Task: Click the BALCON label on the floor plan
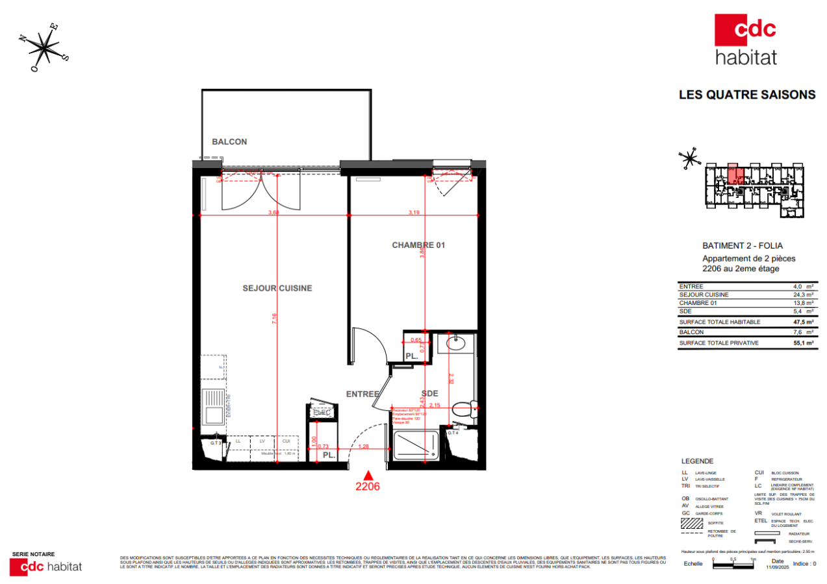tap(229, 141)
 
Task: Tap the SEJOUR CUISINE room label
tap(277, 288)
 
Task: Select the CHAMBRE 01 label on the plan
tap(418, 245)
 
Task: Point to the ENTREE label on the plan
tap(362, 394)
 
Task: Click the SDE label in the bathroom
tap(429, 393)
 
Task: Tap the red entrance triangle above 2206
tap(368, 476)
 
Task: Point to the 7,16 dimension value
tap(275, 318)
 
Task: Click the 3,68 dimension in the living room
tap(274, 212)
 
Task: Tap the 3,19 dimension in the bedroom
tap(414, 212)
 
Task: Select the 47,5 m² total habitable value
tap(804, 322)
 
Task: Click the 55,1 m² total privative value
tap(804, 343)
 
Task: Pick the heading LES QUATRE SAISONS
tap(746, 95)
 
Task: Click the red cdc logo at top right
tap(745, 30)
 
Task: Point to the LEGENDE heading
tap(697, 461)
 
